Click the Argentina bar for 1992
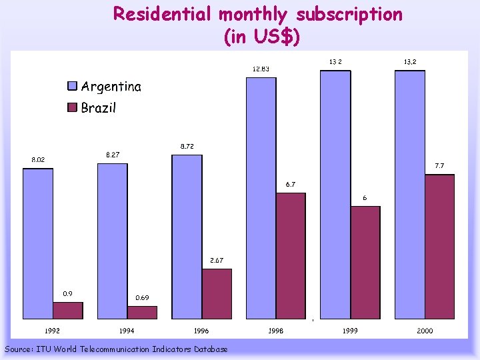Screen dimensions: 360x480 [38, 243]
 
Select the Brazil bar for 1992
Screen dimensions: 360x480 [68, 311]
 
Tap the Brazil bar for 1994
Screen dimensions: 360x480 [142, 313]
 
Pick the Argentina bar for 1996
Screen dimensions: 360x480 [187, 237]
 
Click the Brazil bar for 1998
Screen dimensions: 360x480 [291, 256]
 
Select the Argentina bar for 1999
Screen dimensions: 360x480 [335, 195]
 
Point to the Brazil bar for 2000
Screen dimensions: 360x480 [439, 247]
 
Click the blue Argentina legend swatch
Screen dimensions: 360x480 [73, 86]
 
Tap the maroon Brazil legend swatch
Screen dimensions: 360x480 [73, 108]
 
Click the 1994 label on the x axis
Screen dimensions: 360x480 [127, 331]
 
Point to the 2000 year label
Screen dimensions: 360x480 [424, 331]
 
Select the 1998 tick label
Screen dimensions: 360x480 [275, 331]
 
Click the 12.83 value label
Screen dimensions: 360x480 [261, 69]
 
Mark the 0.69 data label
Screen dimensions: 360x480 [142, 298]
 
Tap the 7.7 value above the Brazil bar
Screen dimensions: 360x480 [439, 165]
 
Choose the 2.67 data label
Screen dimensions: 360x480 [217, 260]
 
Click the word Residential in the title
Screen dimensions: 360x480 [163, 14]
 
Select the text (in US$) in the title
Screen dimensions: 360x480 [263, 37]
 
